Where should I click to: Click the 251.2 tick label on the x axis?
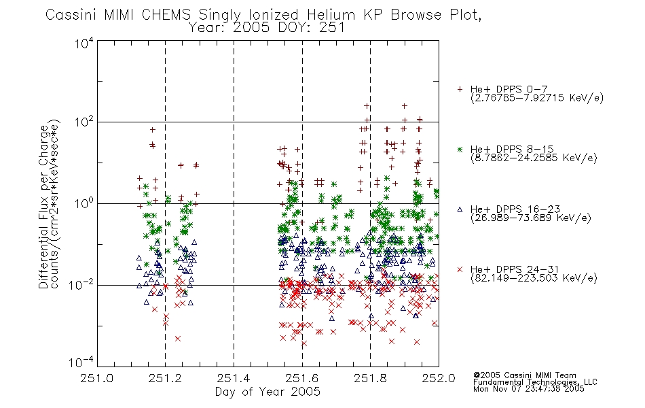tap(165, 378)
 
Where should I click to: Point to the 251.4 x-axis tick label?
tap(234, 378)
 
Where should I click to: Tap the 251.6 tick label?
tap(302, 378)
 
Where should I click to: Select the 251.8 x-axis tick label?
tap(370, 378)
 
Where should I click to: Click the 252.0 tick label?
tap(439, 378)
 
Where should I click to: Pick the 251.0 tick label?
tap(96, 378)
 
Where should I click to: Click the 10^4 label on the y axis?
tap(84, 43)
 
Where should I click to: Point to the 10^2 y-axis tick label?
tap(84, 122)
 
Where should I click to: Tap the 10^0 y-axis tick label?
tap(84, 204)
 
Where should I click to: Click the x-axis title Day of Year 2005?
tap(268, 392)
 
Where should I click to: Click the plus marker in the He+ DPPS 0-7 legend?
tap(460, 89)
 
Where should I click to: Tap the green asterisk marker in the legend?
tap(460, 149)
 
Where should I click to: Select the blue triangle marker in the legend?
tap(460, 209)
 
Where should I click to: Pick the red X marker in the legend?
tap(460, 269)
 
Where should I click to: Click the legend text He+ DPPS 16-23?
tap(515, 209)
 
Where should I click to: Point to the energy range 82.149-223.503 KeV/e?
tap(534, 278)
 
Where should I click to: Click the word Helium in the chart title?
tap(331, 15)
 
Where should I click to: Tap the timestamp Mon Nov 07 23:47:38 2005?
tap(529, 389)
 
